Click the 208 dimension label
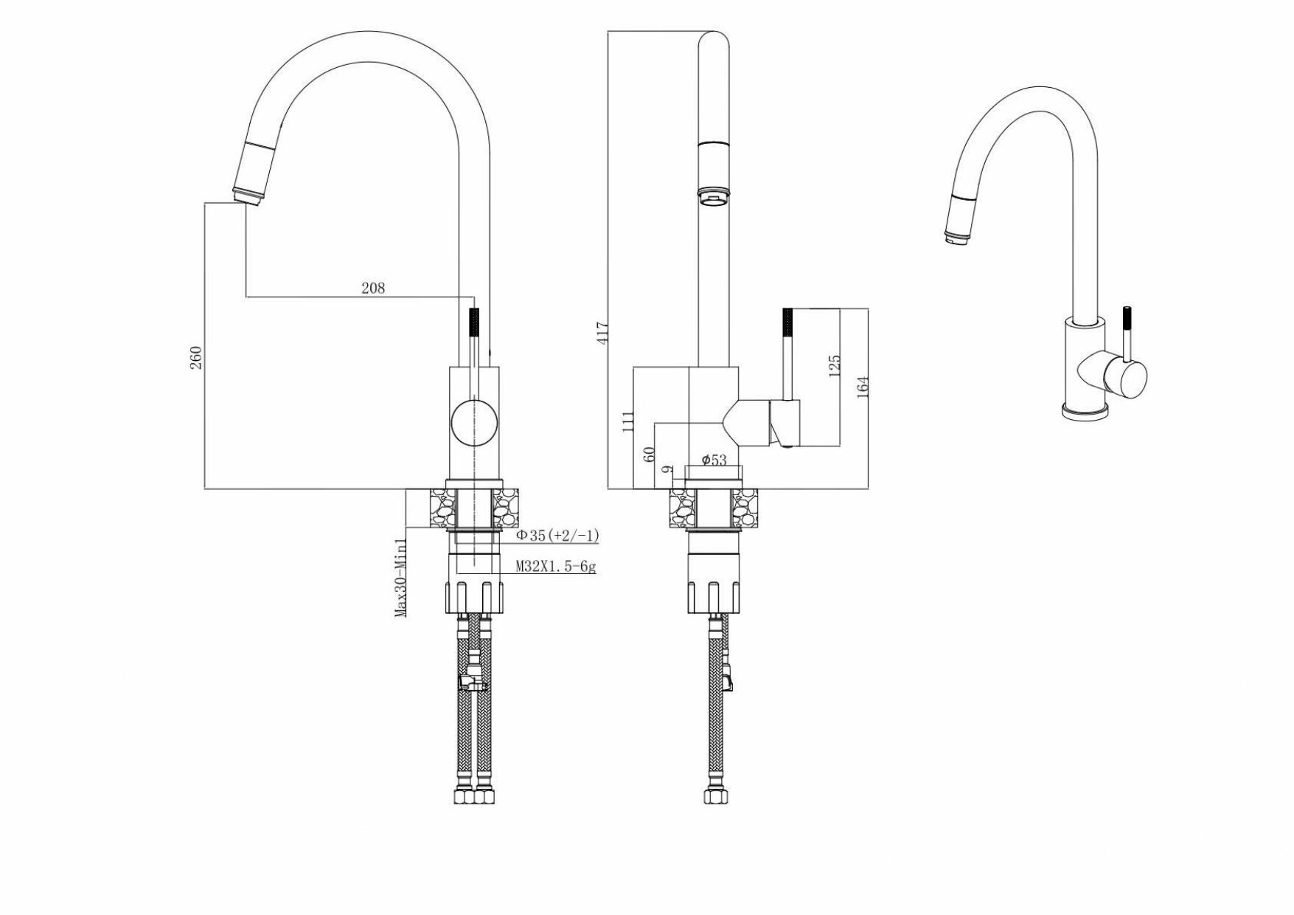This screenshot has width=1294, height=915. pos(373,288)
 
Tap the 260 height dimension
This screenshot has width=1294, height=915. pos(196,357)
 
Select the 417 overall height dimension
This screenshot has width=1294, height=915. pos(602,334)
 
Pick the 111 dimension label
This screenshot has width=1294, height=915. pos(628,422)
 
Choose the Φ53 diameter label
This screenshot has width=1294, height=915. pos(713,460)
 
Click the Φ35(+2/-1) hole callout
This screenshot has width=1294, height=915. pos(557,536)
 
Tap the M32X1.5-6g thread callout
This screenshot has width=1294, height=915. pos(555,567)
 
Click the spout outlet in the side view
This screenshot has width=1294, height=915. pos(713,196)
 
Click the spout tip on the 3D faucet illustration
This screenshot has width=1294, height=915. pos(954,237)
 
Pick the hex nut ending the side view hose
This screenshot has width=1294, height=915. pos(713,797)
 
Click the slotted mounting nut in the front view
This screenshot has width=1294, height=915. pos(474,597)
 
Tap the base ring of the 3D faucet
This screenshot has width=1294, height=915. pos(1085,412)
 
